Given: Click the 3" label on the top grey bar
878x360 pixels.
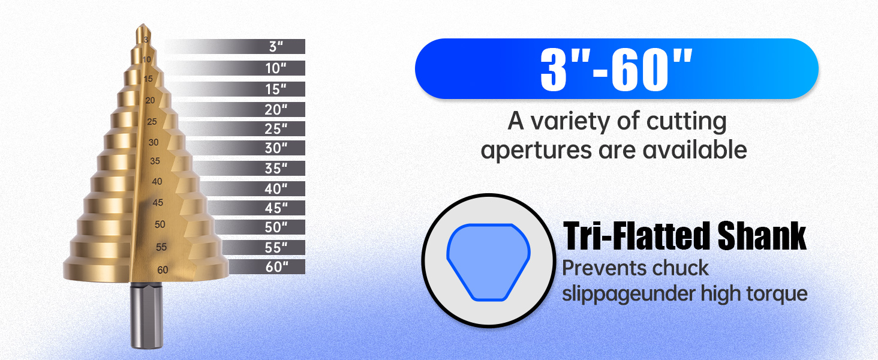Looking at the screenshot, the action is pyautogui.click(x=276, y=47).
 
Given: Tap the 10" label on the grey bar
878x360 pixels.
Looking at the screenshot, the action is pyautogui.click(x=276, y=68).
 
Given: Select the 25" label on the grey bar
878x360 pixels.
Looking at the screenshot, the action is pyautogui.click(x=276, y=128).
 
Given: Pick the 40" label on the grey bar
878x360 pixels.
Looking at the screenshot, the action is pyautogui.click(x=276, y=188).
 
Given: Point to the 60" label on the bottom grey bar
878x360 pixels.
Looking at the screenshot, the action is pyautogui.click(x=276, y=266).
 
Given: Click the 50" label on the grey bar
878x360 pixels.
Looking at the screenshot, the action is pyautogui.click(x=276, y=227).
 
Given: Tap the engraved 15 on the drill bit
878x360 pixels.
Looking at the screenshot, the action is pyautogui.click(x=148, y=79).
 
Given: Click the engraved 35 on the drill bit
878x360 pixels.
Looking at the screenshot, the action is pyautogui.click(x=155, y=161).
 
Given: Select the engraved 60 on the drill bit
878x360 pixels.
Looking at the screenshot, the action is pyautogui.click(x=163, y=270).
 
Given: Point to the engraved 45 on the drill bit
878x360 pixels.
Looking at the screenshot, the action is pyautogui.click(x=158, y=203).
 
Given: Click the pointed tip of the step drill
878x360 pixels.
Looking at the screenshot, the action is pyautogui.click(x=143, y=25).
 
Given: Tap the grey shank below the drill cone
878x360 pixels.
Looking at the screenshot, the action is pyautogui.click(x=146, y=316).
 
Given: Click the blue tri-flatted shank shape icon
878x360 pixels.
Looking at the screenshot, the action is pyautogui.click(x=488, y=262).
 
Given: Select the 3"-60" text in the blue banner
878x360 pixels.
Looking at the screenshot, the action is pyautogui.click(x=617, y=69).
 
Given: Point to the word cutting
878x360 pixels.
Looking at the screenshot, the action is pyautogui.click(x=686, y=122).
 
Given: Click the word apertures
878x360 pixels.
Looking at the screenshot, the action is pyautogui.click(x=536, y=150).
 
